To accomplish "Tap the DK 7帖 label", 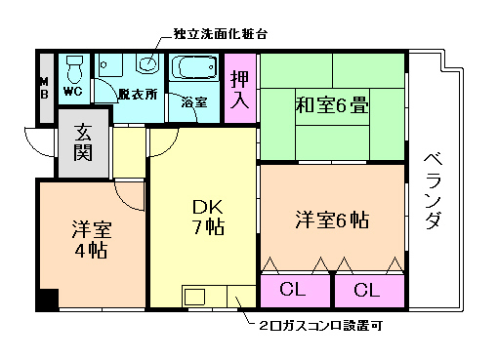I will pos(207,217).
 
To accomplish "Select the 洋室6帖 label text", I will pos(332,220).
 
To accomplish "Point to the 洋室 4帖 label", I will pos(90,240).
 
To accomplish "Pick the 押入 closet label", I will pos(240,88).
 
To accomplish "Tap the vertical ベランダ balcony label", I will pos(433,190).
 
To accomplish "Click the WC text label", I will pos(71,92).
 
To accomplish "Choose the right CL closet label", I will pos(366,290).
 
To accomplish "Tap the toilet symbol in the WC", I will pos(74,69).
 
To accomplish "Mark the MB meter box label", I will pos(44,89).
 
